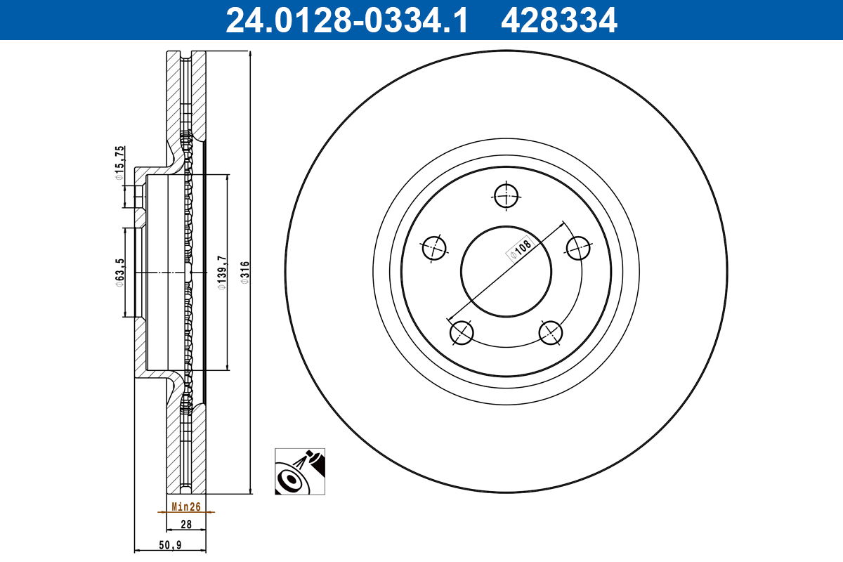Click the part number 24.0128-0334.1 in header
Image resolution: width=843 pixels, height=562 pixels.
click(346, 20)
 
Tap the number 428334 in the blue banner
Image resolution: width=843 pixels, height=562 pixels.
click(558, 20)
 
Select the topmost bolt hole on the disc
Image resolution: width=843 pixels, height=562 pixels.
click(506, 196)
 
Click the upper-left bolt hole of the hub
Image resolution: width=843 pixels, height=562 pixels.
click(435, 247)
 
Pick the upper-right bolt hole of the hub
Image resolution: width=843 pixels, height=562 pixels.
click(578, 247)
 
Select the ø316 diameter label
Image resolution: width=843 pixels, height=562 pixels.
click(245, 272)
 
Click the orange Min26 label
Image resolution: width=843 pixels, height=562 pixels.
click(186, 507)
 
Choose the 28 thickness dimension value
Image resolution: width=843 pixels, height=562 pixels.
click(186, 524)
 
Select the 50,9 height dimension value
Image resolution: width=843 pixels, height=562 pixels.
click(171, 544)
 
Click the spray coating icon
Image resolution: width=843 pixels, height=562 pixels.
click(301, 471)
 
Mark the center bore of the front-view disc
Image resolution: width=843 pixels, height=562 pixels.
click(506, 271)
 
